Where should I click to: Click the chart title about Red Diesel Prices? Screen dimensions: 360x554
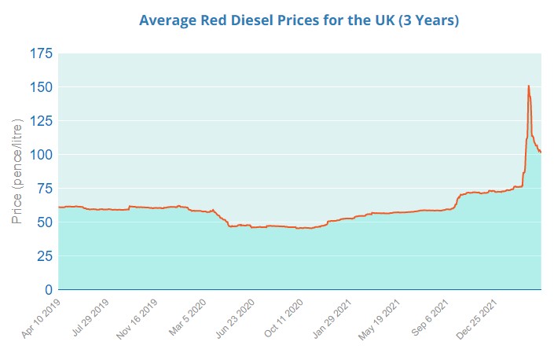point(299,20)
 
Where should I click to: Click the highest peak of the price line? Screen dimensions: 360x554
point(528,86)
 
